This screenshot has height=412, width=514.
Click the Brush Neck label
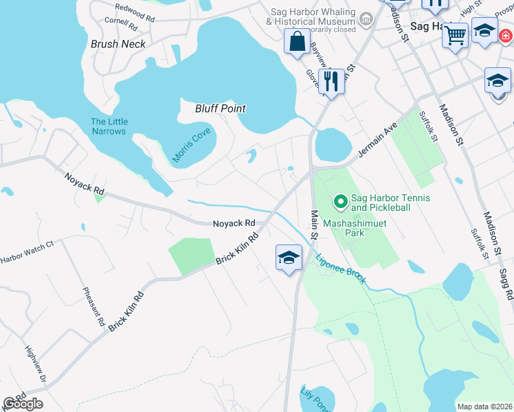coord(118,44)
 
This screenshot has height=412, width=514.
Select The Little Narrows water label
coord(109,126)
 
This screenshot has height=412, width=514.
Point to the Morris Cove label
coord(191,145)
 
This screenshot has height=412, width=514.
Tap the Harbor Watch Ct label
coord(26,253)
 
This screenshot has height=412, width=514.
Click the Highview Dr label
coord(34,367)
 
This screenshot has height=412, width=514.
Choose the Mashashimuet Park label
coord(355,228)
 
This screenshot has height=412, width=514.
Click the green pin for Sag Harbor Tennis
coord(339,201)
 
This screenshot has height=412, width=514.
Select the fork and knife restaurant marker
coord(331,81)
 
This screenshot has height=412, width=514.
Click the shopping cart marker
coord(456,34)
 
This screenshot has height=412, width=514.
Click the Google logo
coord(23,404)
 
